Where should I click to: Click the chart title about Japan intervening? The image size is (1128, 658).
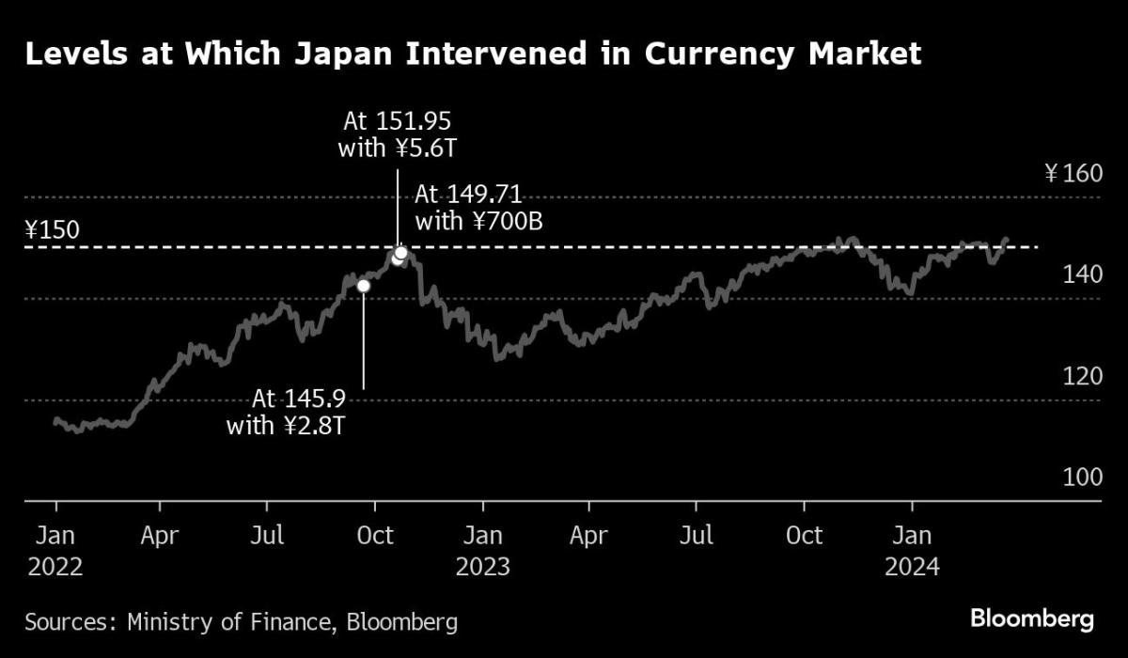[x=473, y=55]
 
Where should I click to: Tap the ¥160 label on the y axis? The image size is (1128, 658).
[x=1072, y=174]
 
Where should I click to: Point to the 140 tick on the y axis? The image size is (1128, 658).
[x=1080, y=274]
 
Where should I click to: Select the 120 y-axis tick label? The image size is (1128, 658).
[x=1080, y=376]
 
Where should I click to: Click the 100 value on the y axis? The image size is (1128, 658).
[x=1080, y=477]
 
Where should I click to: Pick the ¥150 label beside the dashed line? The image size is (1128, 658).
[x=53, y=229]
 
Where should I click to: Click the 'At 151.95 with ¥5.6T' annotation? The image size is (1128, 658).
[x=397, y=133]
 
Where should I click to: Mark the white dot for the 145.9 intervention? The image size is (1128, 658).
[x=364, y=286]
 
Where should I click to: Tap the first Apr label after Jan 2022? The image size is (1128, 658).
[x=160, y=537]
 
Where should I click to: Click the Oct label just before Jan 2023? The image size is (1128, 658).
[x=375, y=537]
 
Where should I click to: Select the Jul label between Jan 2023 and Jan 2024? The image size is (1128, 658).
[x=697, y=537]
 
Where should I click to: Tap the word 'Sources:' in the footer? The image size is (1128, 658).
[x=63, y=621]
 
